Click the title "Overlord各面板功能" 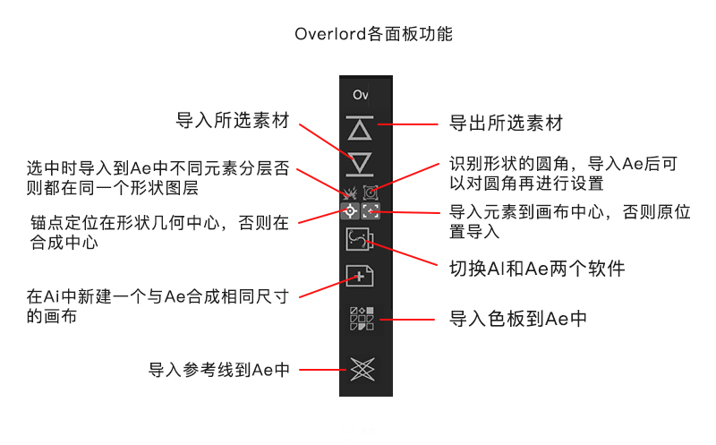373,35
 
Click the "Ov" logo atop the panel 360,94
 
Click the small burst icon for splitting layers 350,192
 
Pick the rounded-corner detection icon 370,192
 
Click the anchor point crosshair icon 350,213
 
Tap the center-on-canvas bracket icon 370,213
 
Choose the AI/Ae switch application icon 359,242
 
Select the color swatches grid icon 359,319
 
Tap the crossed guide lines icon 359,367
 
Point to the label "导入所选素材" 232,121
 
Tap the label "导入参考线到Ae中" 218,369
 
